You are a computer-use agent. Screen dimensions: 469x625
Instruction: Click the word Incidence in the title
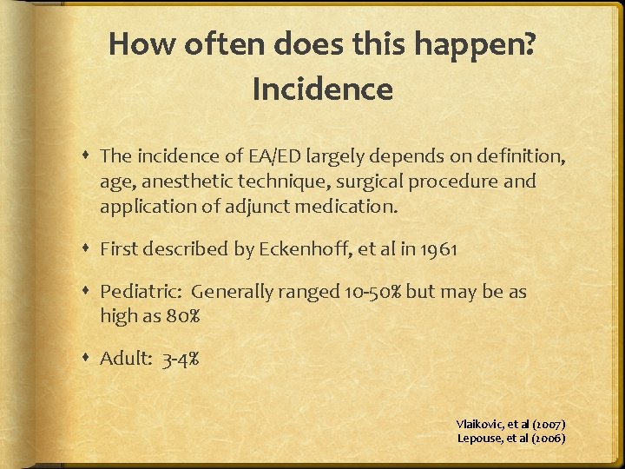click(x=322, y=89)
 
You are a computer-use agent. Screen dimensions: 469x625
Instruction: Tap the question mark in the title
click(x=530, y=44)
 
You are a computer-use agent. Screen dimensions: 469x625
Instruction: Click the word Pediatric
click(x=141, y=292)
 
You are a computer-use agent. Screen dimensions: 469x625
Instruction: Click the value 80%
click(x=183, y=316)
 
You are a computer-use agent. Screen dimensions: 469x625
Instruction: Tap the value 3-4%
click(x=181, y=359)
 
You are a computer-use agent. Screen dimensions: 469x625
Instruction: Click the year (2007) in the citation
click(x=547, y=424)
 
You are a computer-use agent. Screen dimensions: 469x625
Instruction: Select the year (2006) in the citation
click(x=547, y=438)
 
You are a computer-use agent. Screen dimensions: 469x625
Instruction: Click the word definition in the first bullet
click(x=518, y=156)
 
